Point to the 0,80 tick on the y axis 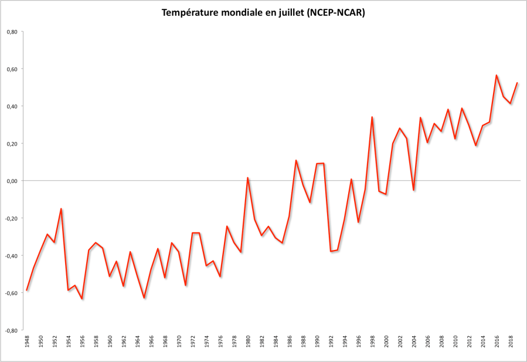(x=11, y=32)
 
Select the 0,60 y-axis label (x=11, y=69)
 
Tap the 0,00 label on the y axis (x=11, y=181)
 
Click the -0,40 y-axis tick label (x=11, y=256)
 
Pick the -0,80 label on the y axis (x=11, y=330)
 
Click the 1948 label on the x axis (x=27, y=341)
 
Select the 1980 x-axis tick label (x=248, y=341)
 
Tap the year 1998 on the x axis (x=372, y=341)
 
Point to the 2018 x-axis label (x=511, y=341)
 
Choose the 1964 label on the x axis (x=137, y=341)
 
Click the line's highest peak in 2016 (x=497, y=75)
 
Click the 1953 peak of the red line (x=61, y=208)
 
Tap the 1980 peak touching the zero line (x=248, y=177)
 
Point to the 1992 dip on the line (x=331, y=252)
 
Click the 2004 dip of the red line (x=414, y=190)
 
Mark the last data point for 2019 (x=518, y=83)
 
